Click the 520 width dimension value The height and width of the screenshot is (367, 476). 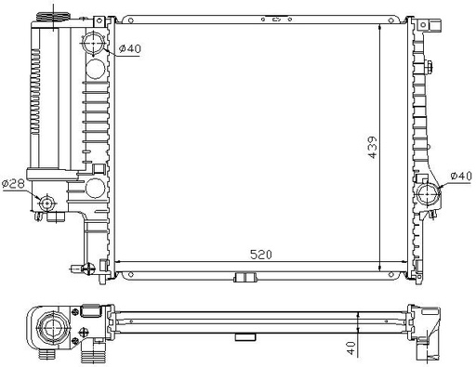pyautogui.click(x=261, y=255)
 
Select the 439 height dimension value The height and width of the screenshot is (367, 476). pyautogui.click(x=373, y=147)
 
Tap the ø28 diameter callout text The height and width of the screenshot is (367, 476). pyautogui.click(x=13, y=184)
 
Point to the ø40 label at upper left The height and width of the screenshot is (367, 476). pyautogui.click(x=130, y=48)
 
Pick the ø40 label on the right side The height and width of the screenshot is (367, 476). pyautogui.click(x=461, y=176)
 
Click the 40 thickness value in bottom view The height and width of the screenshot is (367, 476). pyautogui.click(x=350, y=347)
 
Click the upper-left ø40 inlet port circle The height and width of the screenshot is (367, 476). pyautogui.click(x=94, y=44)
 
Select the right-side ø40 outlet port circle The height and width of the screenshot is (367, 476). pyautogui.click(x=429, y=194)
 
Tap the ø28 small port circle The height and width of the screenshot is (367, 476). pyautogui.click(x=47, y=203)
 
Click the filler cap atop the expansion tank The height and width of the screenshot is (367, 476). pyautogui.click(x=53, y=17)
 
